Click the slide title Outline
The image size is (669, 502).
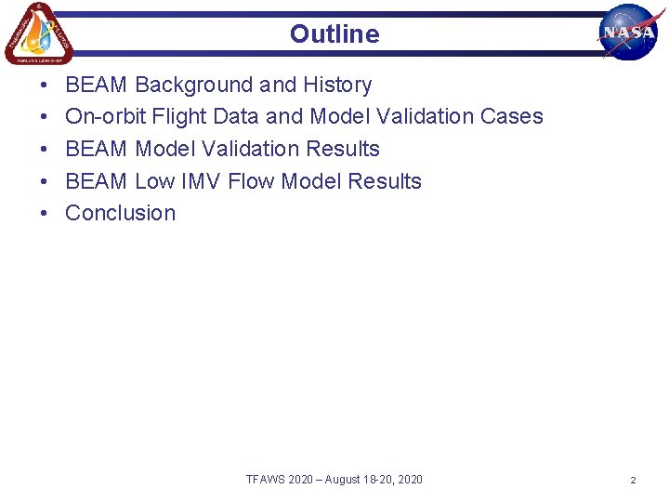[x=334, y=34]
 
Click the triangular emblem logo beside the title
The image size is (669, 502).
[x=38, y=33]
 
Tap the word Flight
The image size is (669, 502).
[x=172, y=117]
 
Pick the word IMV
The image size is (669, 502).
[x=202, y=181]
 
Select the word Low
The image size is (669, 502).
[x=155, y=181]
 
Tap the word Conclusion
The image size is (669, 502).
[x=121, y=213]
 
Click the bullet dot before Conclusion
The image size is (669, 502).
[x=45, y=214]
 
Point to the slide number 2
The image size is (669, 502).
[x=633, y=480]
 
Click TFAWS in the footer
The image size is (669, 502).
[x=266, y=480]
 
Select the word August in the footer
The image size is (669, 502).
[x=342, y=480]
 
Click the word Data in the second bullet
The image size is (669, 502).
[x=236, y=117]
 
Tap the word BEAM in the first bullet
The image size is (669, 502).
[x=97, y=85]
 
